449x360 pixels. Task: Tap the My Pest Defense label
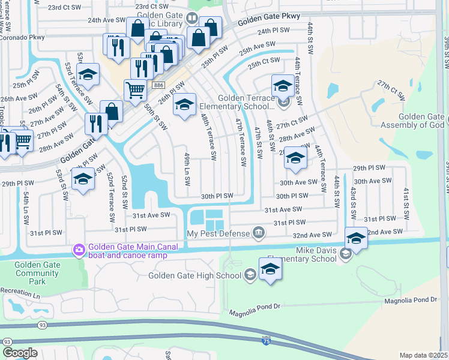[x=217, y=233]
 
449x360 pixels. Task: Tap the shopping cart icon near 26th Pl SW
[x=135, y=90]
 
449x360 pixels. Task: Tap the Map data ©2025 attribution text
[x=423, y=355]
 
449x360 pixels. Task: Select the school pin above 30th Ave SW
[x=295, y=158]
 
